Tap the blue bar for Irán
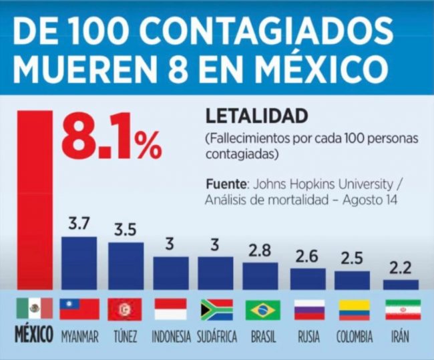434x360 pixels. (x=401, y=284)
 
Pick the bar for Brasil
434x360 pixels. (x=260, y=275)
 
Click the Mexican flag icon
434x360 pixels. (x=33, y=308)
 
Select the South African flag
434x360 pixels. (x=216, y=309)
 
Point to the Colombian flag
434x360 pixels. (x=354, y=309)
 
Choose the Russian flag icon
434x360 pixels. (x=309, y=309)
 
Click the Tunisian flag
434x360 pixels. (x=124, y=309)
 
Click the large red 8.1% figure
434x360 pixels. (x=111, y=137)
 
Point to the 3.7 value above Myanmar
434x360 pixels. (x=79, y=224)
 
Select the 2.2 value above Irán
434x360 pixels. (x=401, y=268)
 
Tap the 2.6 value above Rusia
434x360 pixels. (x=308, y=256)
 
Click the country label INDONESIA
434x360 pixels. (x=170, y=337)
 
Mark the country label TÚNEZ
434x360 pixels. (x=124, y=337)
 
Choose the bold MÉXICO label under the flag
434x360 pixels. (x=33, y=336)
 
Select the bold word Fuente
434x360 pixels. (x=224, y=184)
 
